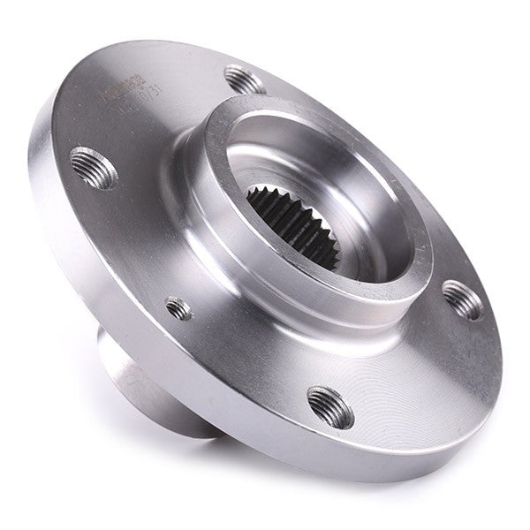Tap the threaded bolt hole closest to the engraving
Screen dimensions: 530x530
[x=245, y=79]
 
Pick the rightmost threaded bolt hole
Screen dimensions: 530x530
[x=462, y=299]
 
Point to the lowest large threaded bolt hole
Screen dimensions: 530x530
[x=331, y=405]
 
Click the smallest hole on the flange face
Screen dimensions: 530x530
[x=179, y=307]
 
